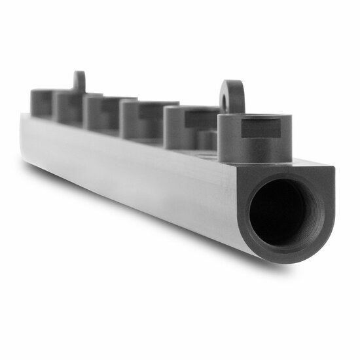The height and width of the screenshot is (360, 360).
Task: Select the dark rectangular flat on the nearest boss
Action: click(x=261, y=129)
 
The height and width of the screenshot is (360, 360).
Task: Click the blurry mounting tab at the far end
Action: click(x=79, y=81)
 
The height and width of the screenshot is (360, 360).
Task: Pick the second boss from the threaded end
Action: click(x=190, y=128)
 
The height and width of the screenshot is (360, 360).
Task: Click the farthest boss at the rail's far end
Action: click(x=41, y=103)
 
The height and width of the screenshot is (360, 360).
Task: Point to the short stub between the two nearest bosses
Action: click(x=209, y=140)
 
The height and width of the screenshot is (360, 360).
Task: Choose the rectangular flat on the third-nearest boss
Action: click(x=157, y=111)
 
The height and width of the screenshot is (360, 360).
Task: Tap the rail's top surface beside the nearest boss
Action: click(x=308, y=161)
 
